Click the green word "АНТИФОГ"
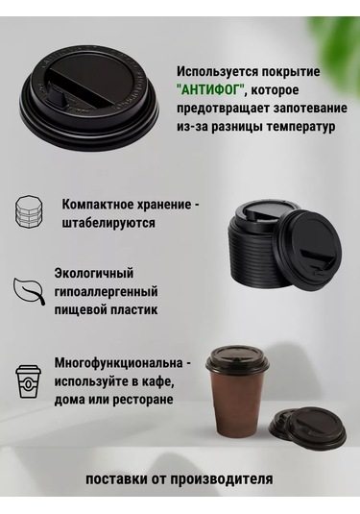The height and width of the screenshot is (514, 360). pos(211,89)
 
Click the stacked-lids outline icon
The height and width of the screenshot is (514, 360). pos(29,211)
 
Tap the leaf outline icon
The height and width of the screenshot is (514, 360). pos(29,291)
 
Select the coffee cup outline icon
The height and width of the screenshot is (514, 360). pos(29,380)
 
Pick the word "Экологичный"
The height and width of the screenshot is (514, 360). pos(94,273)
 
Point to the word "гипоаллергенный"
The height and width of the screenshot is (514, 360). pos(107,291)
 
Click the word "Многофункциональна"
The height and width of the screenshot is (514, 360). pos(119,363)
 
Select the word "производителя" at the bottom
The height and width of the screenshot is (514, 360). pos(221,478)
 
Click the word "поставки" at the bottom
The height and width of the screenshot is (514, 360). pos(116,478)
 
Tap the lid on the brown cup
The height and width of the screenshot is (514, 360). pos(236,361)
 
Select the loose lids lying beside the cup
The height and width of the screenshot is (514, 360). pos(307,427)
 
